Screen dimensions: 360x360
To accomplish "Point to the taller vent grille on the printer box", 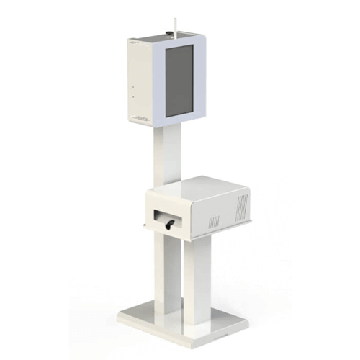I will (243, 205).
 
